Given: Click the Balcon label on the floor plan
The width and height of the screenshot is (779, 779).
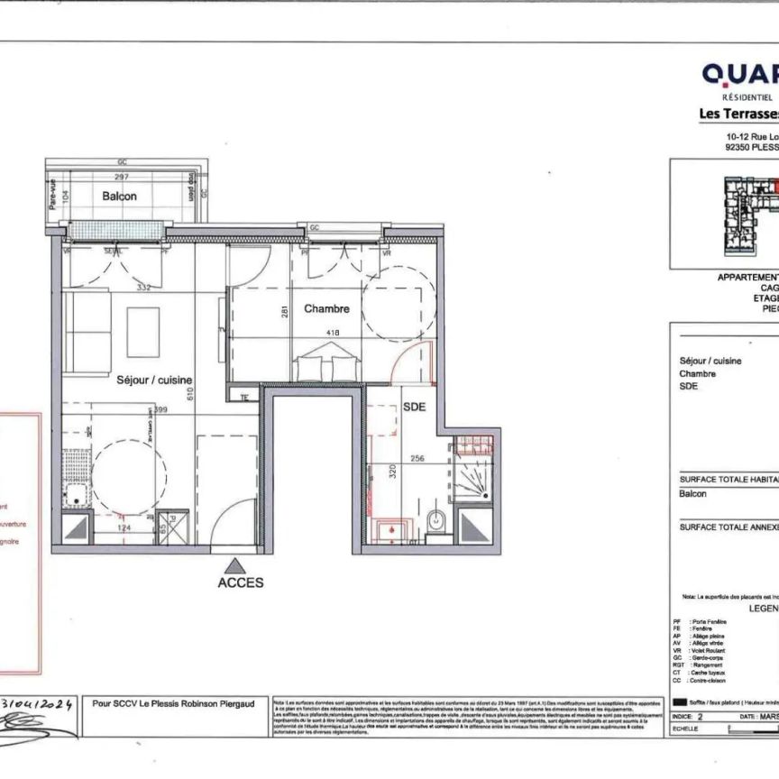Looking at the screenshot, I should point(119,196).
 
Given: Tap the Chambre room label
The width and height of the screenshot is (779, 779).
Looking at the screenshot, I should point(326,309).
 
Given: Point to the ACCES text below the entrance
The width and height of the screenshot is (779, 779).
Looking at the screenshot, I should point(241,582).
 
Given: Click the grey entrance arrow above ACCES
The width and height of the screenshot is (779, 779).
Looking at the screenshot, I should point(236,564).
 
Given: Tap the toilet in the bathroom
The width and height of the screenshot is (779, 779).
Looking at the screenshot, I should point(435,520).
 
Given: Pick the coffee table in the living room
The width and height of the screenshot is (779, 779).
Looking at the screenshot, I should point(142,325).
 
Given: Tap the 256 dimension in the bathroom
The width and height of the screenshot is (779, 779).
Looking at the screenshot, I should point(418,457).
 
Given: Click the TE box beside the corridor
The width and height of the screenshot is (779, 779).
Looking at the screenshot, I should point(243,396).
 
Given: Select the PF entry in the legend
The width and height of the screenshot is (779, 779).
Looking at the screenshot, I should point(678,622).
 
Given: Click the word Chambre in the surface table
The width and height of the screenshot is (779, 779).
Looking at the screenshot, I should point(697,373).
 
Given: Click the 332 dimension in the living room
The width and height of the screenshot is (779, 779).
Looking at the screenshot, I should point(142,288).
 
